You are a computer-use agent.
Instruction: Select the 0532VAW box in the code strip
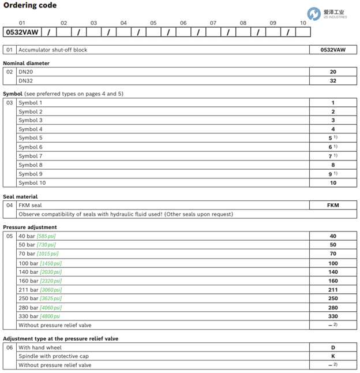coord(21,32)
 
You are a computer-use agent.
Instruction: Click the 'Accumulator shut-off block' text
coord(52,50)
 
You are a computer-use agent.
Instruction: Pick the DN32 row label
coord(25,81)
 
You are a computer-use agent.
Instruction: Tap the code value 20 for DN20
coord(333,72)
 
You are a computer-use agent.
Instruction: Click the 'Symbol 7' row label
coord(31,156)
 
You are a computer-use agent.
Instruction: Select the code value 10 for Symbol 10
coord(333,183)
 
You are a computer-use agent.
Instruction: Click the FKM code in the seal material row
coord(333,205)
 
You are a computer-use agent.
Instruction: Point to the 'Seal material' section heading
coord(20,197)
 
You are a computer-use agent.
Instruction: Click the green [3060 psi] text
coord(50,290)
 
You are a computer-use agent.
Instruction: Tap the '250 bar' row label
coord(27,299)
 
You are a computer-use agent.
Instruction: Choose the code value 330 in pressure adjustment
coord(333,316)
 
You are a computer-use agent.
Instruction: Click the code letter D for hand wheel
coord(333,348)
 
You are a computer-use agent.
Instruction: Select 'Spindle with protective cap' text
coord(54,356)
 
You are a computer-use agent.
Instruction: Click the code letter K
coord(333,356)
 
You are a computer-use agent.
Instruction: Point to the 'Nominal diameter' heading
coord(26,64)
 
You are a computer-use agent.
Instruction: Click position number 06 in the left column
coord(9,348)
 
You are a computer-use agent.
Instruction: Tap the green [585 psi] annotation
coord(46,236)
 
